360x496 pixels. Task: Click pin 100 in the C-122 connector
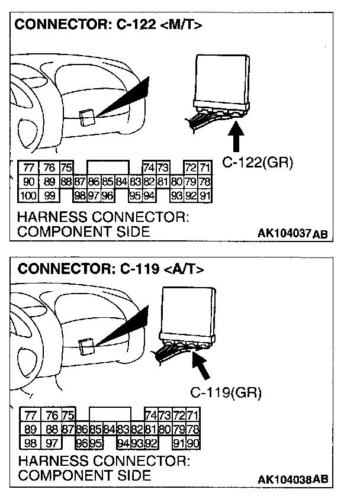click(28, 195)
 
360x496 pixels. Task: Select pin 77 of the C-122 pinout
click(28, 168)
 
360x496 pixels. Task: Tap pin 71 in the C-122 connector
click(205, 168)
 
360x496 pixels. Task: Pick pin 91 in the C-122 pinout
click(205, 195)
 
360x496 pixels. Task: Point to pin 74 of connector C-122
click(149, 168)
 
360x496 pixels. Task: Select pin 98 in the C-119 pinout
click(29, 442)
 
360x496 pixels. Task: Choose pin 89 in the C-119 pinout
click(29, 429)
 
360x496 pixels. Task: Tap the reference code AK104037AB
click(292, 234)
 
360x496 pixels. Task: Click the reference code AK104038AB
click(292, 479)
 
